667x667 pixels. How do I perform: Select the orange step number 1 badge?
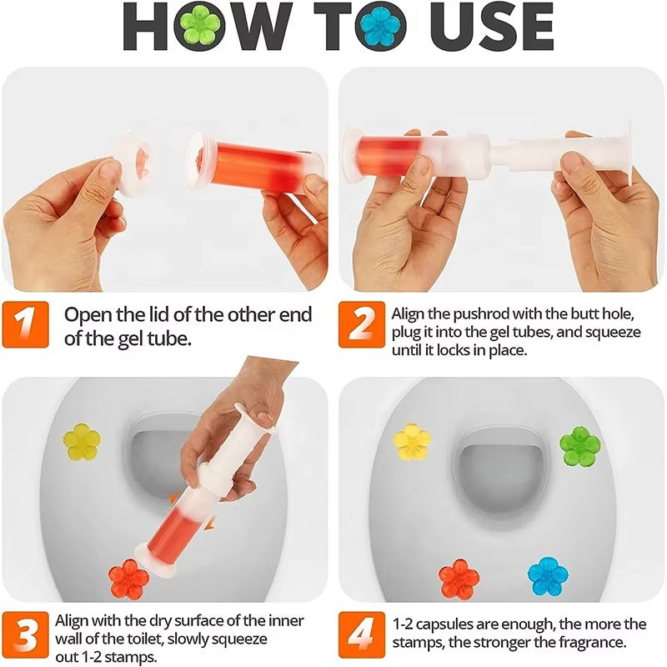[28, 325]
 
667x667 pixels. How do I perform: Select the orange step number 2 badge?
[362, 325]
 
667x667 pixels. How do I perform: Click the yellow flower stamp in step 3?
[82, 441]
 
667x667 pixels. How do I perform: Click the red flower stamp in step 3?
[129, 578]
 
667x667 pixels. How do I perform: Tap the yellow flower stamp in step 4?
[412, 441]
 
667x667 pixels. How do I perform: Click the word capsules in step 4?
[450, 624]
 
